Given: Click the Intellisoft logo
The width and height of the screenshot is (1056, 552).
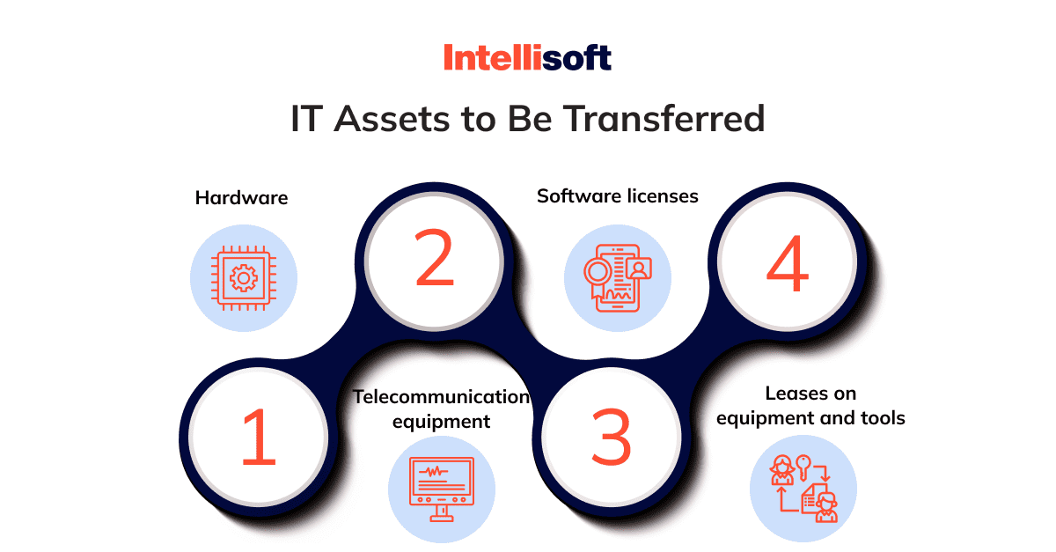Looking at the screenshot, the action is [527, 57].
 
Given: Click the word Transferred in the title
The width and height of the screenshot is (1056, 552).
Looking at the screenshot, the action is [664, 119].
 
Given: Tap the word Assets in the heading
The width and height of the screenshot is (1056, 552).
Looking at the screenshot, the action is [392, 119].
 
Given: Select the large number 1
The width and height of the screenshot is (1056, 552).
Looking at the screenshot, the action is [259, 437].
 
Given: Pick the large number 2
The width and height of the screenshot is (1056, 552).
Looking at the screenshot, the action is [434, 258].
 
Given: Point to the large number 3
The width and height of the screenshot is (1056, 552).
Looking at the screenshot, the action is [611, 437].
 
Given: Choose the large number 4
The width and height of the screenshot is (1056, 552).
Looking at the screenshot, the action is [788, 262].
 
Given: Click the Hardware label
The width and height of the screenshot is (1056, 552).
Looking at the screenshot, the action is [241, 198].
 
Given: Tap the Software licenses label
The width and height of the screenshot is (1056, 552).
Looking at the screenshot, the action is [618, 195].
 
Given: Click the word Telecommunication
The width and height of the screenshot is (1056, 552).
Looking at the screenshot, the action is [441, 397].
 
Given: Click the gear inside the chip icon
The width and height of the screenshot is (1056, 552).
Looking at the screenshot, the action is [244, 278].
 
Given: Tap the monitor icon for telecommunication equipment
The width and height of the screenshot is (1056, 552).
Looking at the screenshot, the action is [442, 489].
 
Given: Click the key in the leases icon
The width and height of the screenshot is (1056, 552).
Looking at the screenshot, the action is [803, 467].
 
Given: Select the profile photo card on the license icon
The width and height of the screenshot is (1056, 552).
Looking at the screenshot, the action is [639, 269].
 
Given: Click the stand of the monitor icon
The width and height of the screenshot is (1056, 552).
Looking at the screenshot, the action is [442, 514].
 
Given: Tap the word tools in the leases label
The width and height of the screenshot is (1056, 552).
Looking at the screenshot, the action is [883, 418].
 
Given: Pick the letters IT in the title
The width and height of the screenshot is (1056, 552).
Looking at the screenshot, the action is [307, 119].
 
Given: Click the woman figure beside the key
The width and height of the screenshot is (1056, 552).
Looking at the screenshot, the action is [782, 470].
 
